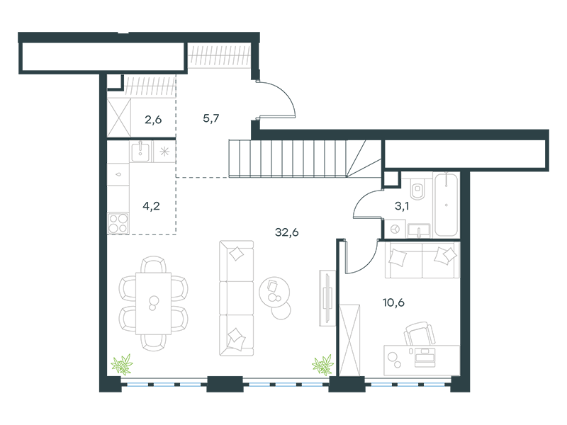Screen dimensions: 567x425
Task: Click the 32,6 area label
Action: point(287,232)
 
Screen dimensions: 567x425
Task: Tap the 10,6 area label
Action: point(393,302)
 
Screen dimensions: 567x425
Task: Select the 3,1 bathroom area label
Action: point(402,206)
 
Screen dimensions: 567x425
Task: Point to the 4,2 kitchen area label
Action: point(151,206)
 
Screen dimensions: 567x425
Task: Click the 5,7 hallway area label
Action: point(211,118)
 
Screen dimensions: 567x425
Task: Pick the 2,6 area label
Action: point(153,120)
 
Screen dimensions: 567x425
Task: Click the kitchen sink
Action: point(140,151)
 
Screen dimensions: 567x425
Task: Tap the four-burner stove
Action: point(118,223)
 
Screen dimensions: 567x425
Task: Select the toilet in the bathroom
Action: point(419,188)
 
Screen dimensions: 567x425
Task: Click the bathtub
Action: point(447,205)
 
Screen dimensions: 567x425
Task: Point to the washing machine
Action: point(395,229)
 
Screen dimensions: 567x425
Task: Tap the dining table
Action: point(153,304)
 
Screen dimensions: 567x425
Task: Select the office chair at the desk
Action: point(420,334)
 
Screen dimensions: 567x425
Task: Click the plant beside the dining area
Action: point(122,364)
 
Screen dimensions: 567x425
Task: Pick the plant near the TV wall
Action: point(322,365)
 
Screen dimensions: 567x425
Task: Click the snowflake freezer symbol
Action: point(164,152)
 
